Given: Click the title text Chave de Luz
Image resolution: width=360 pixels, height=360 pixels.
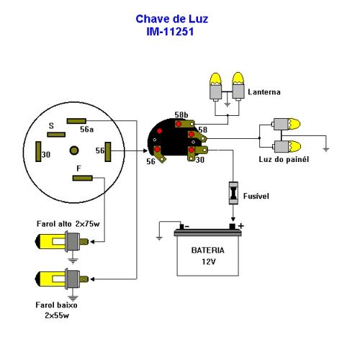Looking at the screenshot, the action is point(172,19).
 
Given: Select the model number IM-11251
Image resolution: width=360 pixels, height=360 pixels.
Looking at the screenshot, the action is point(170,32).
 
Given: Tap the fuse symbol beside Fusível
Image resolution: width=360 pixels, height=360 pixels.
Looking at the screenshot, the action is point(233,193).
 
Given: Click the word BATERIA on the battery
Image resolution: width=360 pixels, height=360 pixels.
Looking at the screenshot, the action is point(208,251).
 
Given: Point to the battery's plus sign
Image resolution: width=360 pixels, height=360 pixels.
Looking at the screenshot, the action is point(241,226).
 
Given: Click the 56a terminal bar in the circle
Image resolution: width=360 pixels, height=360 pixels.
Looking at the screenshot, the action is point(76,121).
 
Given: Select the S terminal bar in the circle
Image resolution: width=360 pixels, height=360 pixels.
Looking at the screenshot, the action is point(56,135).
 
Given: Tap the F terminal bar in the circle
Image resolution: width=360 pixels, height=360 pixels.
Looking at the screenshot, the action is point(83,178).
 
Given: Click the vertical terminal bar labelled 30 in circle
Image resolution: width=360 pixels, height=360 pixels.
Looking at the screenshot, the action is point(38,151).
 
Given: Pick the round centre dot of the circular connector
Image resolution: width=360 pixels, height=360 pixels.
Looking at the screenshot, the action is point(74,150).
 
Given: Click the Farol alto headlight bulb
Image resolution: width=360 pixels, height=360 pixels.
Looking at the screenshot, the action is point(62,241).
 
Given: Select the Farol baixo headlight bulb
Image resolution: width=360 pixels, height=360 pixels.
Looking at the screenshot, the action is point(62,279).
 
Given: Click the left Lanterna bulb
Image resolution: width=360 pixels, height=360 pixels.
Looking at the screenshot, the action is point(216,87).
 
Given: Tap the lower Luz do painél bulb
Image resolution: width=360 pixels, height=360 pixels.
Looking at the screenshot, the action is point(286,147).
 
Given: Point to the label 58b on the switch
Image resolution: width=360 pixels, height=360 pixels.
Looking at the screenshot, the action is point(181,114).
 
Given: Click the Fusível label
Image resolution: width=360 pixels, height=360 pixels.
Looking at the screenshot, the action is point(256,196).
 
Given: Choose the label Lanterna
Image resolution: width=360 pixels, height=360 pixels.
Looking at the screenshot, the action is point(264,92).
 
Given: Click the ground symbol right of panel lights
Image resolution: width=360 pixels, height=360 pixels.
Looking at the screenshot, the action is point(326,149).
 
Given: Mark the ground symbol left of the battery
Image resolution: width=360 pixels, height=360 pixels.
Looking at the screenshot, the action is point(159,238).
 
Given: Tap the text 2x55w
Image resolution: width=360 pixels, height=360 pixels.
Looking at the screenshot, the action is point(57,315).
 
